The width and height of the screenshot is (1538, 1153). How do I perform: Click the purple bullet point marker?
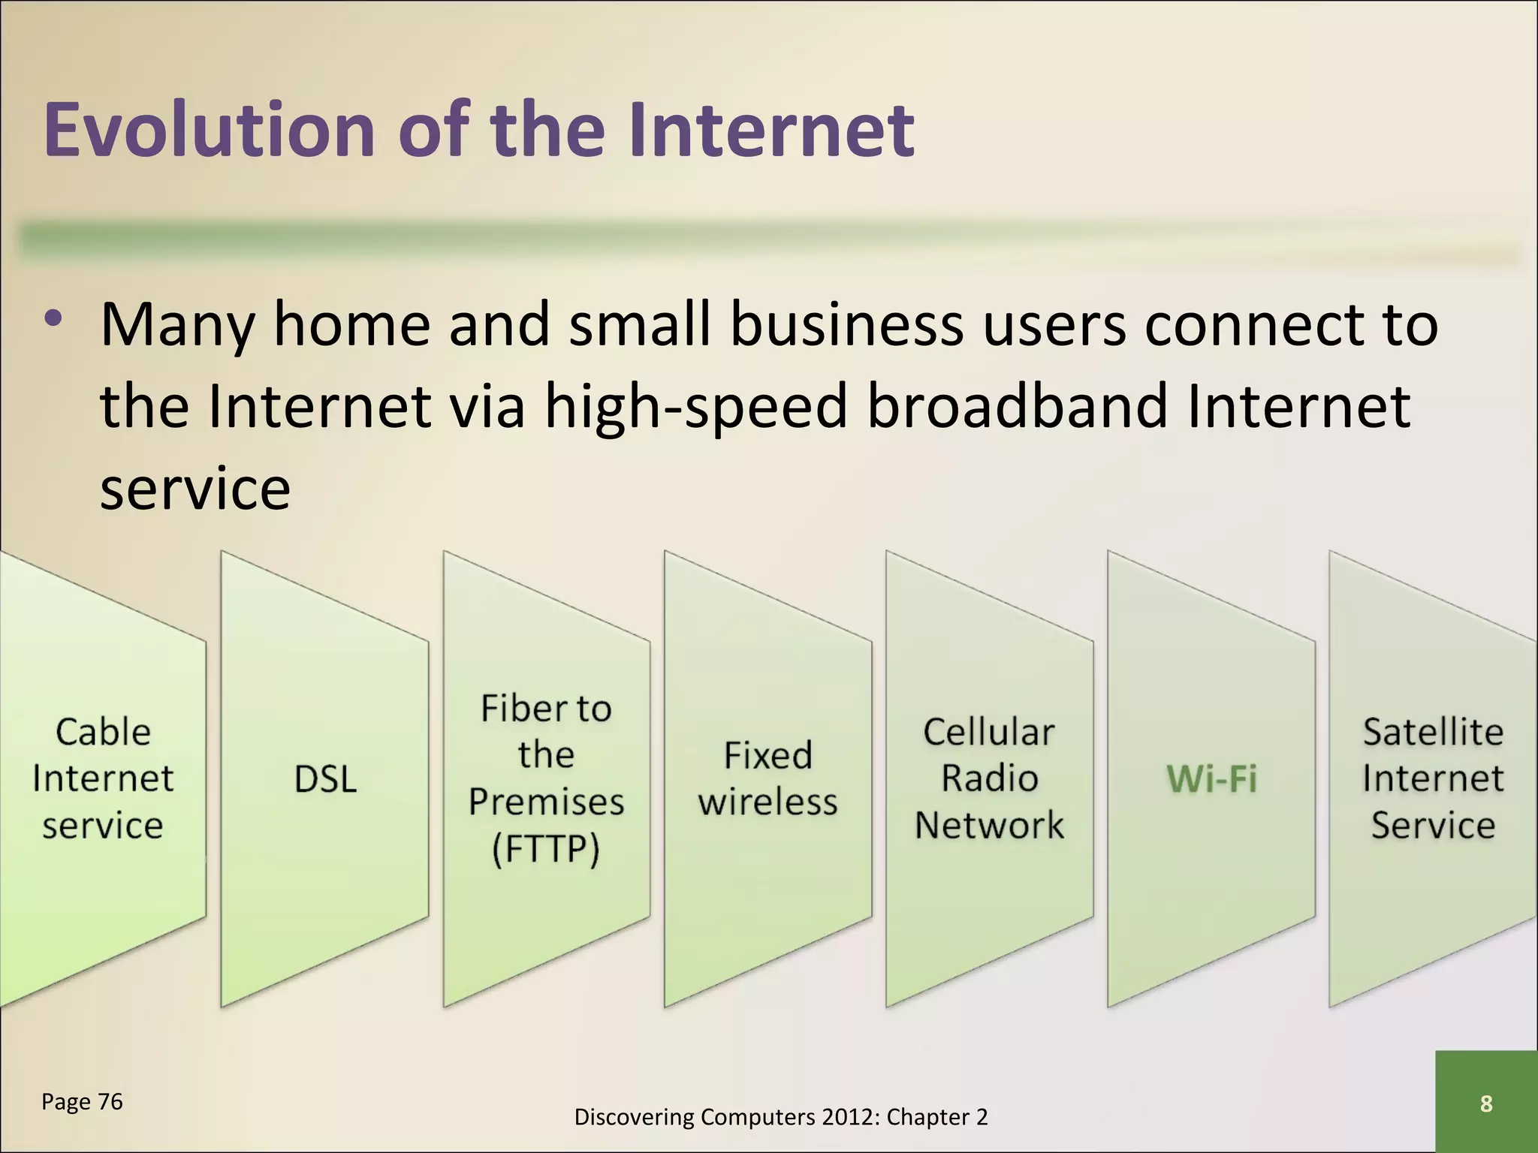tap(53, 319)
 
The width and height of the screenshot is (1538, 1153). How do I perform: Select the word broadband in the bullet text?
tap(1018, 406)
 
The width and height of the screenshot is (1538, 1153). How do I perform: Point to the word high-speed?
tap(695, 406)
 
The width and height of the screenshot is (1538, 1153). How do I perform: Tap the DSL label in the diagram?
tap(325, 779)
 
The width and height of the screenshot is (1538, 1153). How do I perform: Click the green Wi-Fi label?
tap(1211, 778)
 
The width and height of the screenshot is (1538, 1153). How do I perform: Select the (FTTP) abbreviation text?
tap(546, 850)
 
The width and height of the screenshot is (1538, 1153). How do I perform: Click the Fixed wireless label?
tap(767, 778)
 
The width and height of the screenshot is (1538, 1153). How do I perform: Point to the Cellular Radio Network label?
tap(989, 778)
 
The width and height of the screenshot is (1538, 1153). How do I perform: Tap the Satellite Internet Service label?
tap(1433, 778)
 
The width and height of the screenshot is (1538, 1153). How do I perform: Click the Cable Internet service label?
tap(103, 778)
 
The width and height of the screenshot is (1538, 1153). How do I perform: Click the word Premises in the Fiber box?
tap(546, 802)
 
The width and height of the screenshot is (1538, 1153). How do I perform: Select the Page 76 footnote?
tap(82, 1101)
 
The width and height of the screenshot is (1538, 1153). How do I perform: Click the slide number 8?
tap(1485, 1103)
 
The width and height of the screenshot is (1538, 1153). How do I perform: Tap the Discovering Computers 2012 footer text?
tap(780, 1117)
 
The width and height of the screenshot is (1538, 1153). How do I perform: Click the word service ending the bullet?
tap(195, 489)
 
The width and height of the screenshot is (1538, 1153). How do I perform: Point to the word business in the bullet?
tap(846, 324)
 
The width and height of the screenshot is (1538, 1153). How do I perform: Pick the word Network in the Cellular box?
tap(989, 825)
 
